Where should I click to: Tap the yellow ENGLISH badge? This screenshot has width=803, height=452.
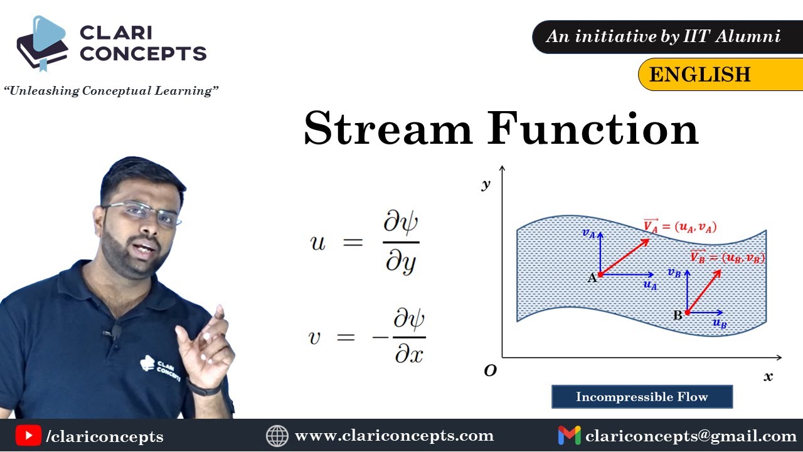721,74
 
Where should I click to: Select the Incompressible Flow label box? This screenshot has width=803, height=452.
642,397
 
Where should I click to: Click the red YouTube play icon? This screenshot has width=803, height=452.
28,436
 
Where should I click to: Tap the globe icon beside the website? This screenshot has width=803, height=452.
277,436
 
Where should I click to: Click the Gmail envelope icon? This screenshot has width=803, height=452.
569,436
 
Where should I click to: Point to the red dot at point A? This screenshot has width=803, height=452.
600,275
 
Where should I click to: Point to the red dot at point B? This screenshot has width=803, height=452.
687,313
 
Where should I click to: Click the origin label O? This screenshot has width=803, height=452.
490,370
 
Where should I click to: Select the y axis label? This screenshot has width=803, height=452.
486,185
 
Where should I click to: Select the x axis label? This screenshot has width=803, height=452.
768,377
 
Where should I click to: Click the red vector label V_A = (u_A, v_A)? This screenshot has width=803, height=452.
679,226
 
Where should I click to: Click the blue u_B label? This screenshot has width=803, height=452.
720,323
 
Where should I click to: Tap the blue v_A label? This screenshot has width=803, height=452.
588,233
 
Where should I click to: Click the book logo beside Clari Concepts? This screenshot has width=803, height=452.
42,43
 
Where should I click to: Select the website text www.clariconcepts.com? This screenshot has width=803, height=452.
395,436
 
